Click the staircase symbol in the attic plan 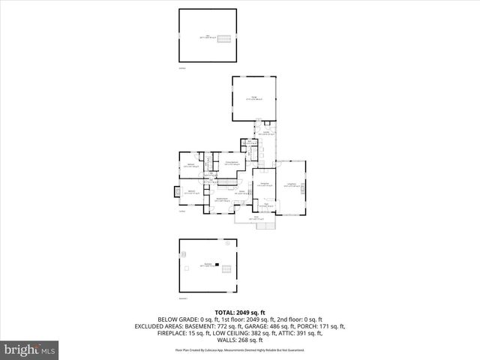[x=221, y=37]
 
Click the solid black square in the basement [x=217, y=265]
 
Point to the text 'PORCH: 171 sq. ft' [x=328, y=326]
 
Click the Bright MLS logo [x=30, y=349]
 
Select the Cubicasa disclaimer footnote [x=240, y=350]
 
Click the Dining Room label [x=264, y=184]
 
